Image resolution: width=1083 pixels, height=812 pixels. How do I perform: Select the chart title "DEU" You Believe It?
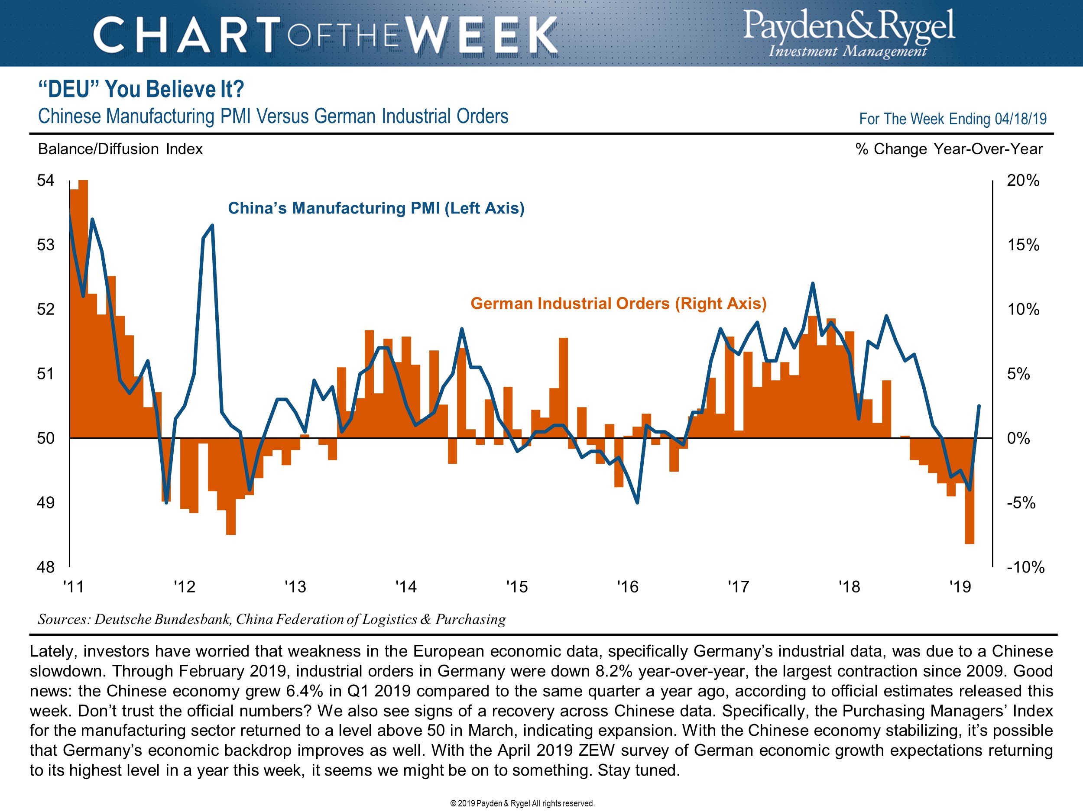141,89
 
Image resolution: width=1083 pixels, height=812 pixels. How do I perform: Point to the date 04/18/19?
1020,119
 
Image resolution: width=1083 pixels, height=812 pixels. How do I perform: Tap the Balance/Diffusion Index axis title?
120,149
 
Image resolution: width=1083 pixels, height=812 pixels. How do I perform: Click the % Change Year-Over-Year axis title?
949,149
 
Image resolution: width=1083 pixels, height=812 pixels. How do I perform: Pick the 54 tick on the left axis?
45,181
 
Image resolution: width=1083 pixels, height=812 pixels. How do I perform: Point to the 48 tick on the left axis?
45,567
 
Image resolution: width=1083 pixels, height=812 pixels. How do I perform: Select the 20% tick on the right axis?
1023,181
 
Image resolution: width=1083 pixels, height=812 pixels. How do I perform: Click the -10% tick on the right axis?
1025,567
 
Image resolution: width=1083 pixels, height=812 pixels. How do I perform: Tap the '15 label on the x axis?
517,586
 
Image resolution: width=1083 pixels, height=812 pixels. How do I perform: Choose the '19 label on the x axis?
960,586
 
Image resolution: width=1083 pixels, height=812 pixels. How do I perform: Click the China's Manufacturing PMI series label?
376,208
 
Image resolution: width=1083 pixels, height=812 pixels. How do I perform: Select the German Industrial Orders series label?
618,304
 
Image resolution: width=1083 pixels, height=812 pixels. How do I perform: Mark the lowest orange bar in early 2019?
970,538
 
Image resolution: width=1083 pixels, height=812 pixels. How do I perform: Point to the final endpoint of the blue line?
979,406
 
